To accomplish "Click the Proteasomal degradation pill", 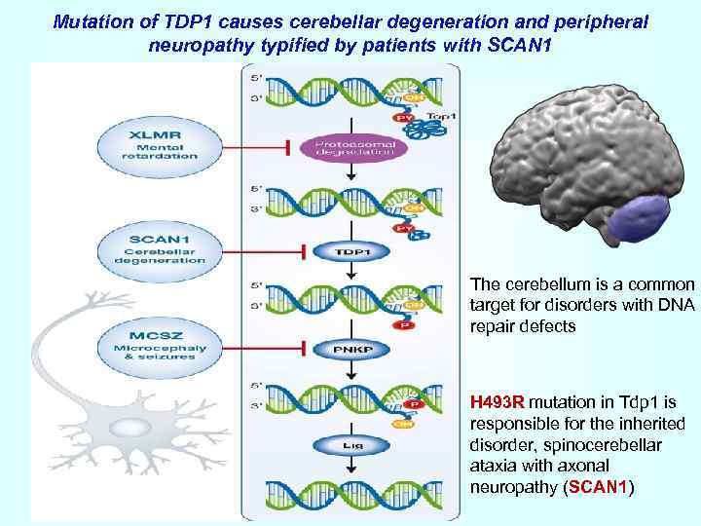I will (354, 148).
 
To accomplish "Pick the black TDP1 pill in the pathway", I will (354, 250).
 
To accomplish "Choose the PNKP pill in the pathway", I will (354, 348).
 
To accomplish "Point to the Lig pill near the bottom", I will (354, 445).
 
